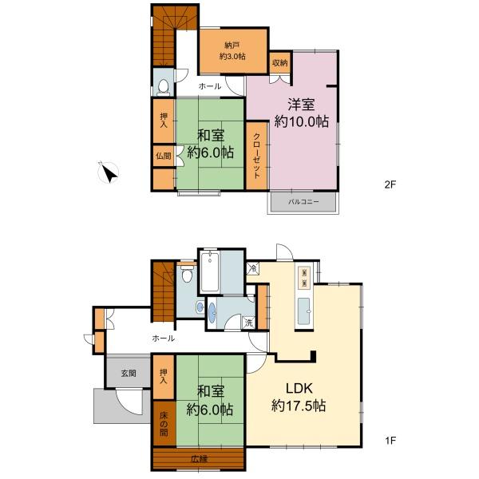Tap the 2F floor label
390,184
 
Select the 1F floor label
390,440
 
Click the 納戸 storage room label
232,46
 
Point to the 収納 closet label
280,63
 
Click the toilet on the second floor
163,86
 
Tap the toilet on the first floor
187,274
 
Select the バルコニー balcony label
303,202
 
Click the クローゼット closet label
257,156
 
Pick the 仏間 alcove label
164,156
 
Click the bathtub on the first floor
210,271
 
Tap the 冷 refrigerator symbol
253,269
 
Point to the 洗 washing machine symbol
249,323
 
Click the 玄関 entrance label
129,373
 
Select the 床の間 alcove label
164,423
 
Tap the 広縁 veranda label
199,459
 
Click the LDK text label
299,388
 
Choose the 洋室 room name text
301,105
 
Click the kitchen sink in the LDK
303,311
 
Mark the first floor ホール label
164,338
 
